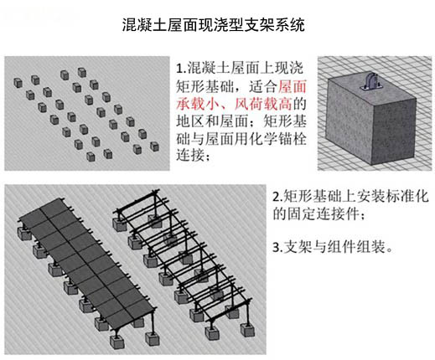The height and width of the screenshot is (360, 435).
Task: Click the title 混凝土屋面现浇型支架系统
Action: pos(213,25)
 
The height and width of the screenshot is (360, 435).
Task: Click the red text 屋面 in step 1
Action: pos(293,86)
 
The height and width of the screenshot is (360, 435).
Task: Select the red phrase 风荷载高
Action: pos(263,104)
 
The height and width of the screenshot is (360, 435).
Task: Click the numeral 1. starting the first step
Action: pos(181,69)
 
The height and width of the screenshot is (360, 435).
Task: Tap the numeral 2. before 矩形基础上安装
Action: pos(277,197)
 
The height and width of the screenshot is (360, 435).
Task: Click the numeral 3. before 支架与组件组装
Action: pos(277,247)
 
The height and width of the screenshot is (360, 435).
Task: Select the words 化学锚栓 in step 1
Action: pos(277,139)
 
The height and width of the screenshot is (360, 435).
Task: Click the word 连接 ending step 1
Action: pos(190,155)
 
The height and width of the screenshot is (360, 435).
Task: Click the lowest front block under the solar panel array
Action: pos(117,341)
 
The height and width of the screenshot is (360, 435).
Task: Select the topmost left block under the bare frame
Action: pos(120,224)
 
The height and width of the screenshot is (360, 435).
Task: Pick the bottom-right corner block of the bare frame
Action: pos(247,330)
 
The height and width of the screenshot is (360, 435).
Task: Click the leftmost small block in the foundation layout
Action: pos(18,83)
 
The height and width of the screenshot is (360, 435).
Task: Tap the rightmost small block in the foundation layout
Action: pos(154,147)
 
